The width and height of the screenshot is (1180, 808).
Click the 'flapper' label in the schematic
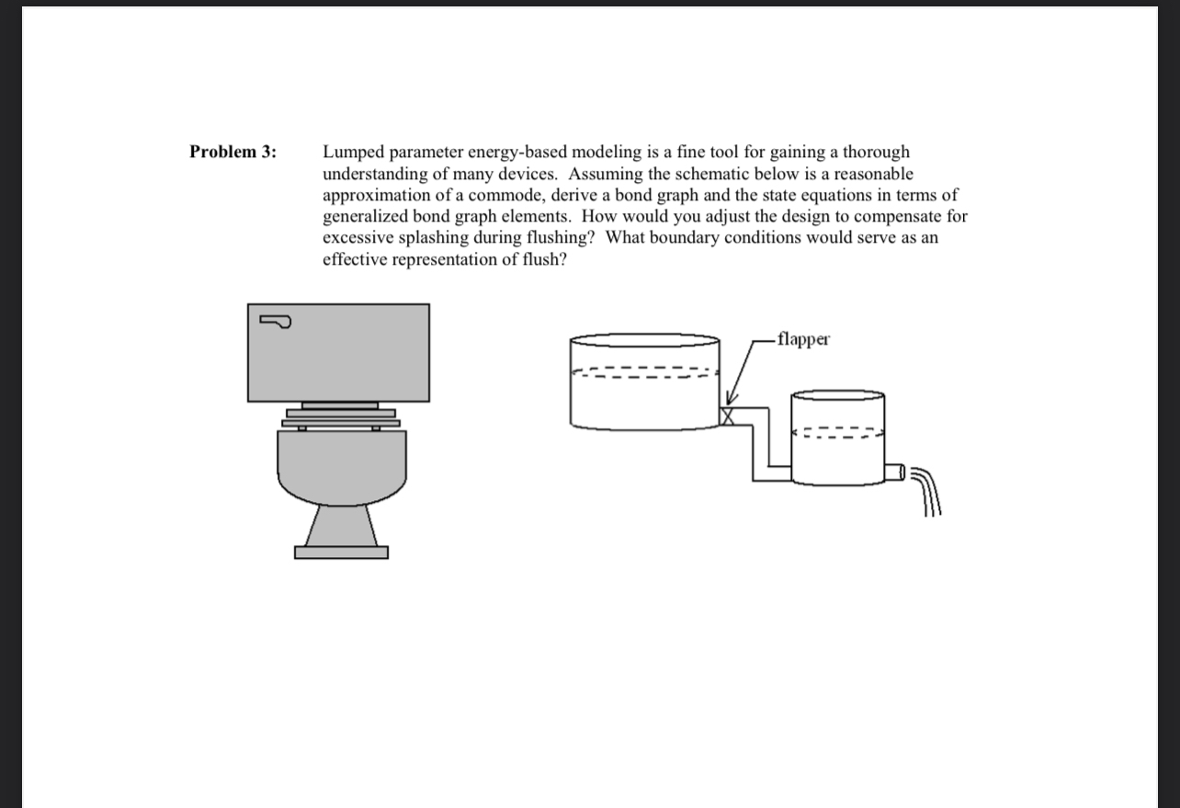802,339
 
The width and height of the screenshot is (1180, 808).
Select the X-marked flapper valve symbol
729,416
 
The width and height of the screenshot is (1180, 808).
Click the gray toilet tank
338,353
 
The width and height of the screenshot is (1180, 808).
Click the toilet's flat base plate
341,552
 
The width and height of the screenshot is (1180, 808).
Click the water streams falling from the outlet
927,496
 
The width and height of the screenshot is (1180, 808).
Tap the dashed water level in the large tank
643,374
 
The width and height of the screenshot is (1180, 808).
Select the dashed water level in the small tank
838,433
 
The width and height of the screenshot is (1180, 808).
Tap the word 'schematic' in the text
731,174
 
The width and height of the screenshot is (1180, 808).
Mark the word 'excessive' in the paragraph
357,238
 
